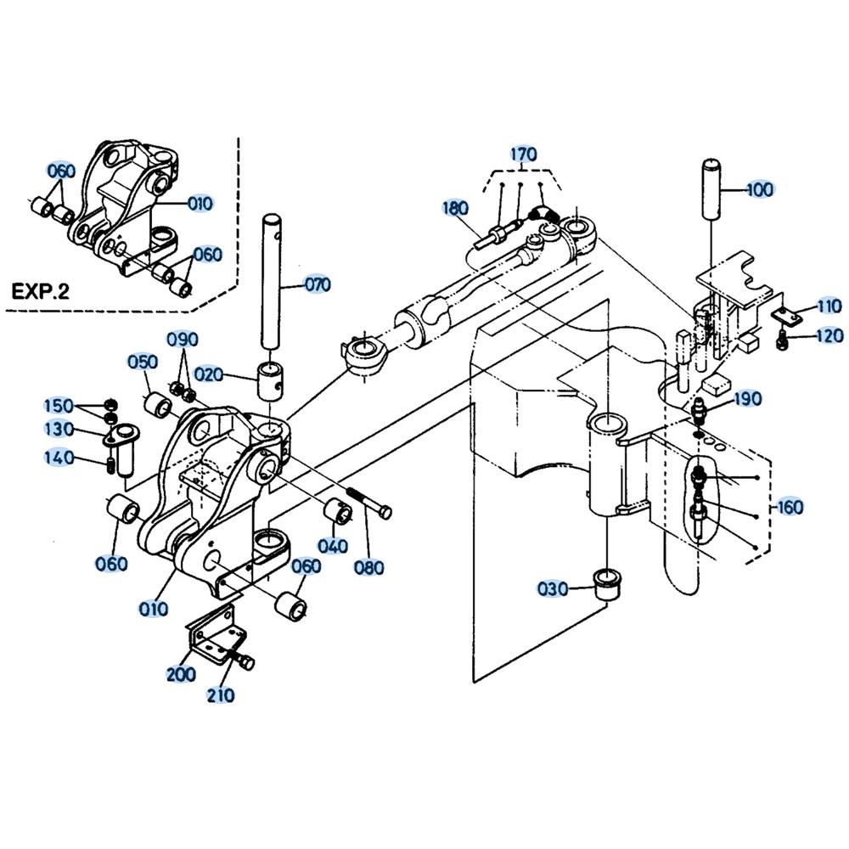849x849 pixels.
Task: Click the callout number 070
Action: (318, 284)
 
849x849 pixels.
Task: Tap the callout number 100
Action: (760, 189)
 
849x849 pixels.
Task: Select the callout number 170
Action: (524, 155)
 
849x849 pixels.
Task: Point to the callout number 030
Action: (553, 588)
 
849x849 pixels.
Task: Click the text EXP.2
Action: (41, 292)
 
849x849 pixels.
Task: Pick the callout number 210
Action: (221, 694)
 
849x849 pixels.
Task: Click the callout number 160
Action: (790, 508)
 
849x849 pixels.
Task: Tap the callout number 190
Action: (748, 399)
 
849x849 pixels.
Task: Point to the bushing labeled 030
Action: (608, 584)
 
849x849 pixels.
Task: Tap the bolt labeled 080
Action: (368, 503)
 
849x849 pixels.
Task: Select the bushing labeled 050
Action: (158, 406)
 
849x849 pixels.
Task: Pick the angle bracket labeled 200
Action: (215, 636)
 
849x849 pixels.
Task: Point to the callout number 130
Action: (59, 430)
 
